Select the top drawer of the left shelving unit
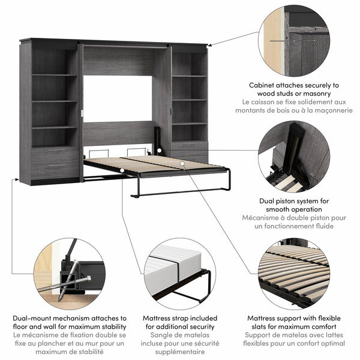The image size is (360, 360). click(54, 155)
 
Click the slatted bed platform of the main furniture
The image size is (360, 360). click(156, 164)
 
